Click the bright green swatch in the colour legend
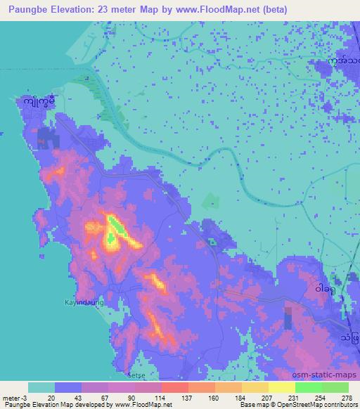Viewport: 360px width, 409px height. [x=308, y=387]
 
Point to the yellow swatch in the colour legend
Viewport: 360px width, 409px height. [x=281, y=387]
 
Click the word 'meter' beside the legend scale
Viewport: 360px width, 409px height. [x=10, y=399]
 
